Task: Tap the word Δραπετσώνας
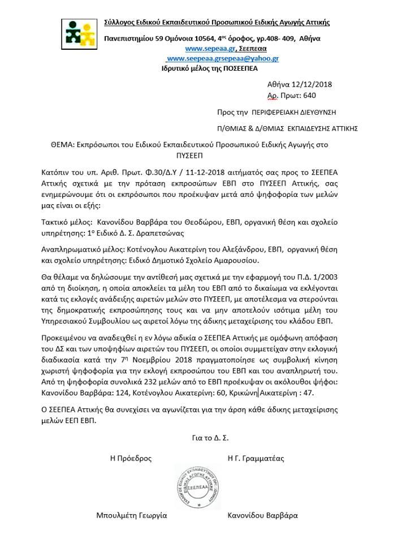[162, 232]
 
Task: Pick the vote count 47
[306, 392]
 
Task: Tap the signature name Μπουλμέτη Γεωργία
[132, 515]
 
